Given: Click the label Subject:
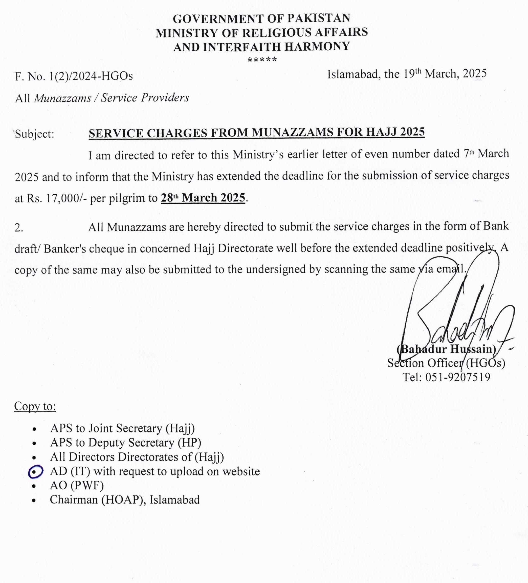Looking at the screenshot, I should (x=35, y=134).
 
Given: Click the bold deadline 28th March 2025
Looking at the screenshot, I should (x=203, y=198).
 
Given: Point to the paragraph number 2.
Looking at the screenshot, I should (x=19, y=228).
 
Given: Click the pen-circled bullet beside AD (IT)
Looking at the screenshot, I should (x=35, y=472).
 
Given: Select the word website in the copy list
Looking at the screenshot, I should (x=241, y=471).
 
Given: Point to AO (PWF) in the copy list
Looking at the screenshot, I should (x=77, y=486).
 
